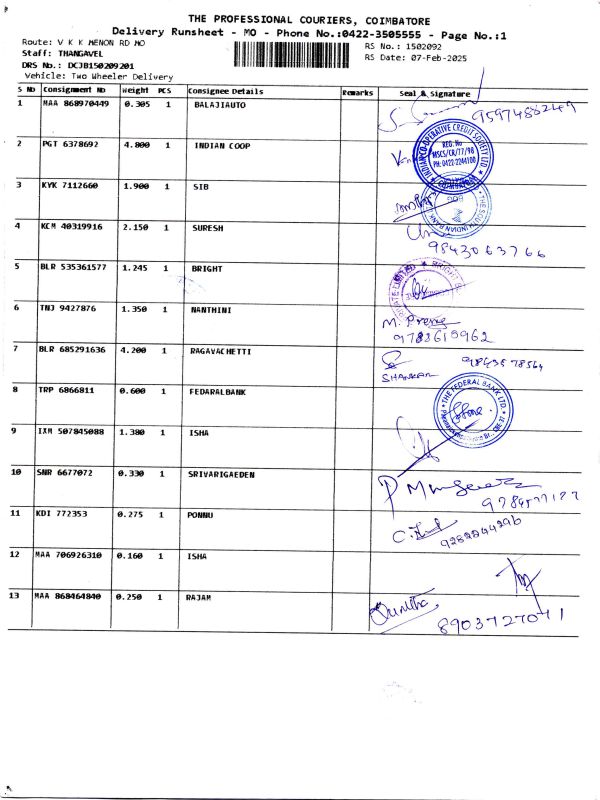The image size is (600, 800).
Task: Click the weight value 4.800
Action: tap(136, 145)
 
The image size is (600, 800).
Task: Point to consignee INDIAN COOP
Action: tap(222, 145)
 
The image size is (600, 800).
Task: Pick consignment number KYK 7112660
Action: tap(70, 186)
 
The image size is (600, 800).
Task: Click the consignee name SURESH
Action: tap(208, 227)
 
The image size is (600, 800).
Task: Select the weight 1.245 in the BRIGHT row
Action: tap(136, 268)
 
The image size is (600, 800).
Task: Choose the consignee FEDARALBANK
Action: tap(218, 391)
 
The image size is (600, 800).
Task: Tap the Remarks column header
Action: tap(357, 91)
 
